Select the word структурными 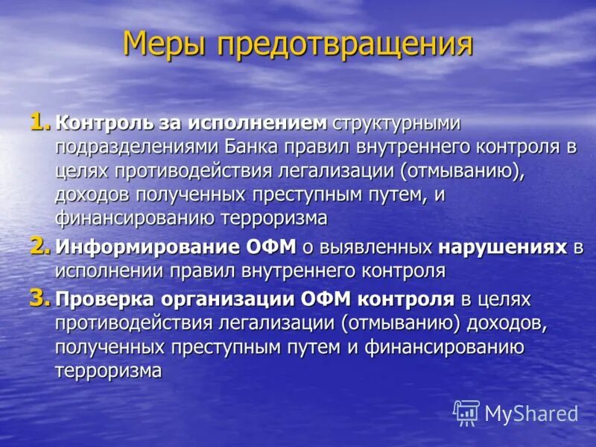[396, 122]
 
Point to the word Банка [278, 147]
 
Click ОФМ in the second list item [277, 247]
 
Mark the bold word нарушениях [503, 247]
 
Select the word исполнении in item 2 [106, 271]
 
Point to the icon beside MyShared [466, 412]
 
